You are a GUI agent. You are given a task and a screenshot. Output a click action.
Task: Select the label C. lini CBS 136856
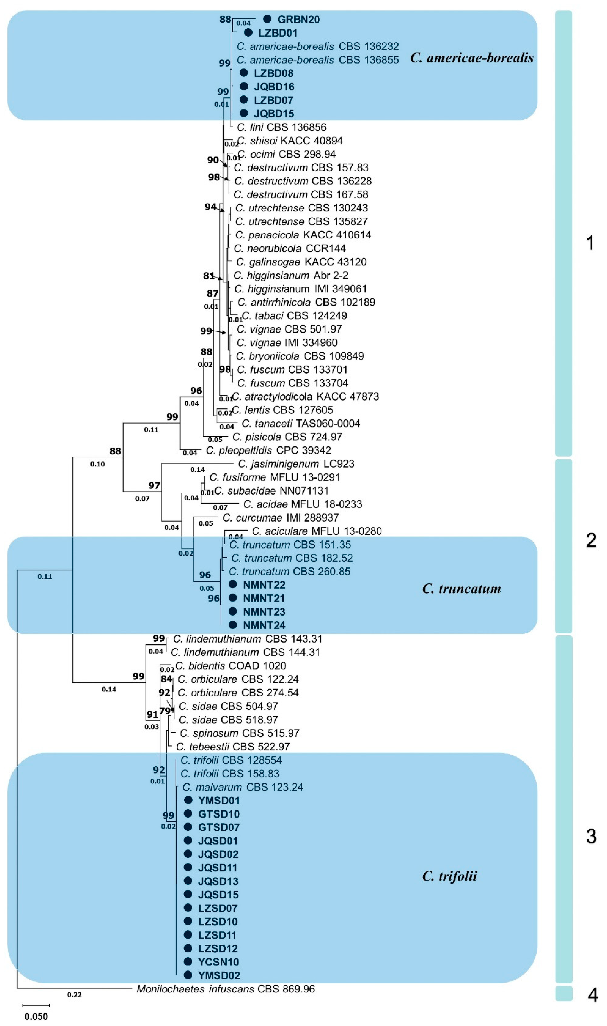click(x=281, y=127)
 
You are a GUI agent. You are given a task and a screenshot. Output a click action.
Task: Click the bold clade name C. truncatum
click(x=461, y=588)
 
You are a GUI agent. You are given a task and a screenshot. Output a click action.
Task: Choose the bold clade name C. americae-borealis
click(x=472, y=58)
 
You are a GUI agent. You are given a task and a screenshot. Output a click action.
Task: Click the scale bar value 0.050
click(x=36, y=1017)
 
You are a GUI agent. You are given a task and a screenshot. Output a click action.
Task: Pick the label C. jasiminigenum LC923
click(x=296, y=464)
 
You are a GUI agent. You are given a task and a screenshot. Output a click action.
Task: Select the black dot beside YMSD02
click(x=188, y=975)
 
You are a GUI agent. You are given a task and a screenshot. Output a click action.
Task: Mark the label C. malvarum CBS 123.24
click(x=243, y=787)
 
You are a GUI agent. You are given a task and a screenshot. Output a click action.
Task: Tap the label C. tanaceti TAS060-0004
click(x=301, y=423)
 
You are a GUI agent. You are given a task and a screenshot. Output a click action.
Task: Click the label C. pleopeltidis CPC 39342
click(x=268, y=450)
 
